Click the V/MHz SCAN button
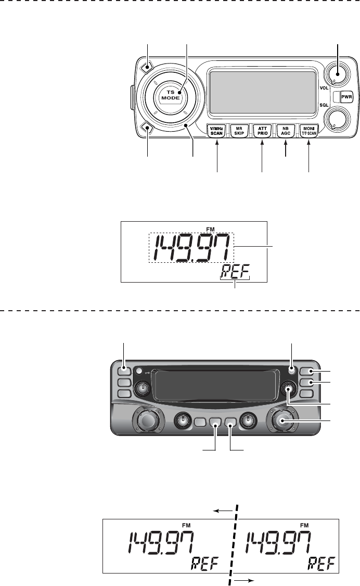[x=216, y=130]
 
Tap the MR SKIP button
[x=239, y=130]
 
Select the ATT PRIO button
[x=262, y=130]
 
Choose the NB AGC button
[x=286, y=130]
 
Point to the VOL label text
[x=324, y=88]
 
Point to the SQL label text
[x=324, y=105]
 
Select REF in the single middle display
[x=234, y=271]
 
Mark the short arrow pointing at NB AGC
[x=286, y=148]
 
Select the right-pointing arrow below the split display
[x=246, y=579]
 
